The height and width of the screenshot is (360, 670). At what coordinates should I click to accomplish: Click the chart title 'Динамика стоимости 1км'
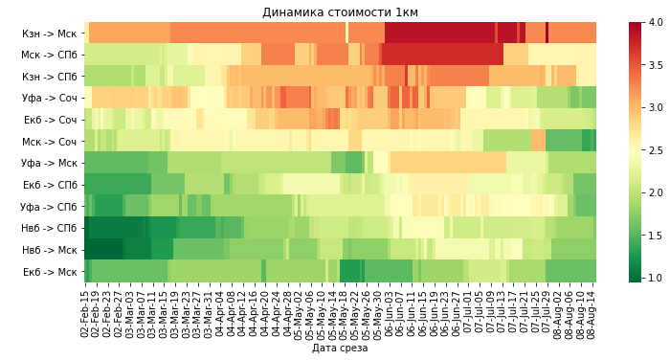pos(340,12)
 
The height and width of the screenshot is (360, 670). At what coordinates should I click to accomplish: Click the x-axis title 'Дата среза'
pos(340,349)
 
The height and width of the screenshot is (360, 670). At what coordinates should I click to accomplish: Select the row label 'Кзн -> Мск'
pos(51,34)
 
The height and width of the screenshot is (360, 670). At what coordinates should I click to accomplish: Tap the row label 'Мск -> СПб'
pos(51,55)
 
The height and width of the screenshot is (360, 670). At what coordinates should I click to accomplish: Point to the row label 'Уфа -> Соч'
pos(51,98)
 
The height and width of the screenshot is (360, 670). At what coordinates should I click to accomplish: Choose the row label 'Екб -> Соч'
pos(51,120)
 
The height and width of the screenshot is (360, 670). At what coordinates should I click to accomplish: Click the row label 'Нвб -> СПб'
pos(51,228)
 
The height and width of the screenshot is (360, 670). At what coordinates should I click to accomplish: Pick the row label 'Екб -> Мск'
pos(51,272)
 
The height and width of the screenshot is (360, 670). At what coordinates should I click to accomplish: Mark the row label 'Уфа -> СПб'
pos(51,206)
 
